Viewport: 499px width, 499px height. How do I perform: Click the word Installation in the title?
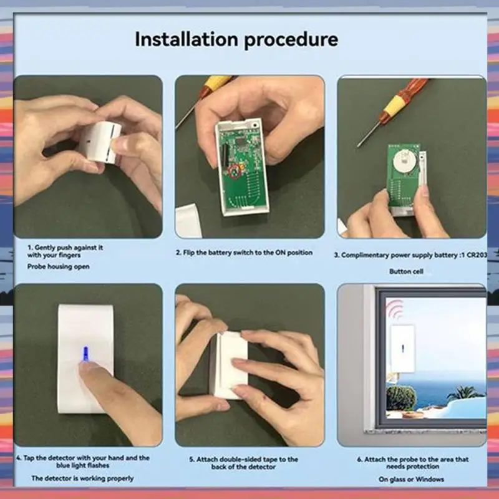pos(187,40)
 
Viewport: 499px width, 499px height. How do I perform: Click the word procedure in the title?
pos(291,41)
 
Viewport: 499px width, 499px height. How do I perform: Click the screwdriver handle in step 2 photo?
pos(215,83)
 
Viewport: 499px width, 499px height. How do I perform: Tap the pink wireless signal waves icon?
pos(395,308)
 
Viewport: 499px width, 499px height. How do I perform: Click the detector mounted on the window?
pos(402,348)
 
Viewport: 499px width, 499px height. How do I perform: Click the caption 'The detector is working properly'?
pos(82,478)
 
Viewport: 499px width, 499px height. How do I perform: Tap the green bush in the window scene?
pos(400,397)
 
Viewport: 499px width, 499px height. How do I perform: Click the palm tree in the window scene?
pos(463,392)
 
